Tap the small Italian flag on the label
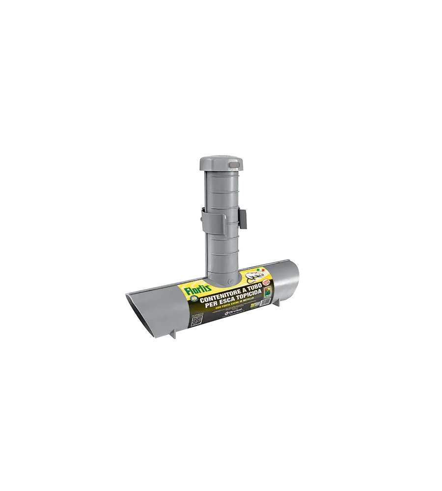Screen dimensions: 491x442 262,270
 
